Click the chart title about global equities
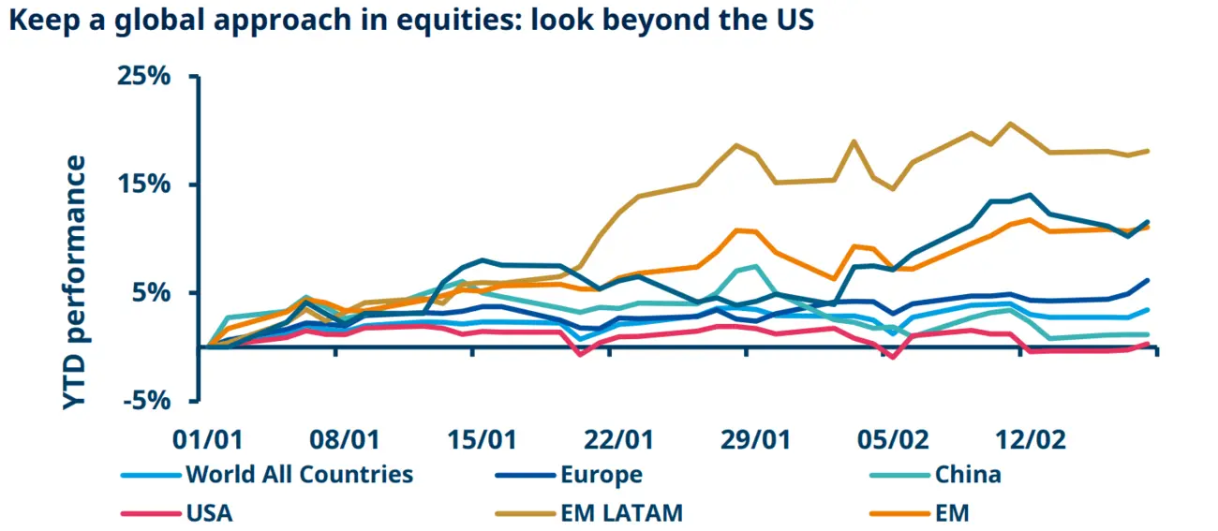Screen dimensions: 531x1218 pos(411,22)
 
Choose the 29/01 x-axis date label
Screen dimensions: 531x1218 pos(754,439)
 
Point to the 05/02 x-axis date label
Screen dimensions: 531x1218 pos(892,439)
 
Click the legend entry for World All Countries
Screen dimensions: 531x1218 pos(299,474)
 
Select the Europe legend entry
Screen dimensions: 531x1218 pos(601,474)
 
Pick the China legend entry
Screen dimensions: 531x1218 pos(968,474)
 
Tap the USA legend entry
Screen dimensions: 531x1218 pos(209,512)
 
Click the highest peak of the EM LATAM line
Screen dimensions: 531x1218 pos(1009,124)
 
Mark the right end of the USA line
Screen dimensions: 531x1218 pos(1148,344)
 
